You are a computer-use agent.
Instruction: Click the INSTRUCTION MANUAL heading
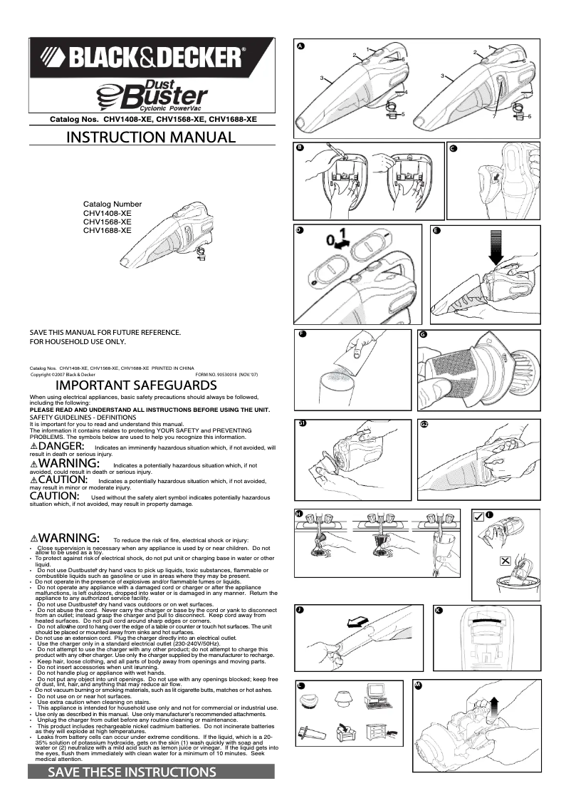coord(151,137)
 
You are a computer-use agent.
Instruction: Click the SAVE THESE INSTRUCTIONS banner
coord(131,772)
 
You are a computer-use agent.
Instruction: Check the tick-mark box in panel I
coord(478,517)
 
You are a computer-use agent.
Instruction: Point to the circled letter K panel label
coord(439,611)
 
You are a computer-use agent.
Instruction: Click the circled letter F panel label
coord(303,334)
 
